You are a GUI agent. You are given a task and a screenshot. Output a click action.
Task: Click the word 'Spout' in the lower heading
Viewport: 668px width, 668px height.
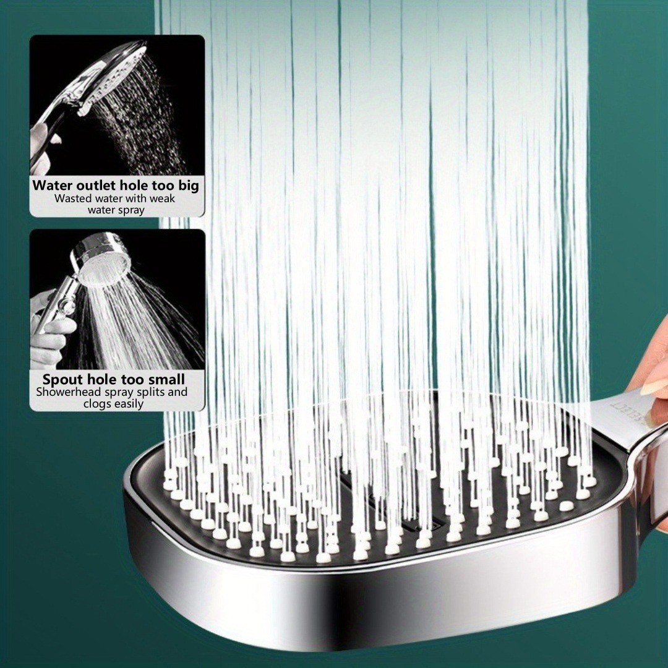tap(59, 380)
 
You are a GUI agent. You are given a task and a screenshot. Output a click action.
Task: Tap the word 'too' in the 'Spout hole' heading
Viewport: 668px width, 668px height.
tap(134, 379)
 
